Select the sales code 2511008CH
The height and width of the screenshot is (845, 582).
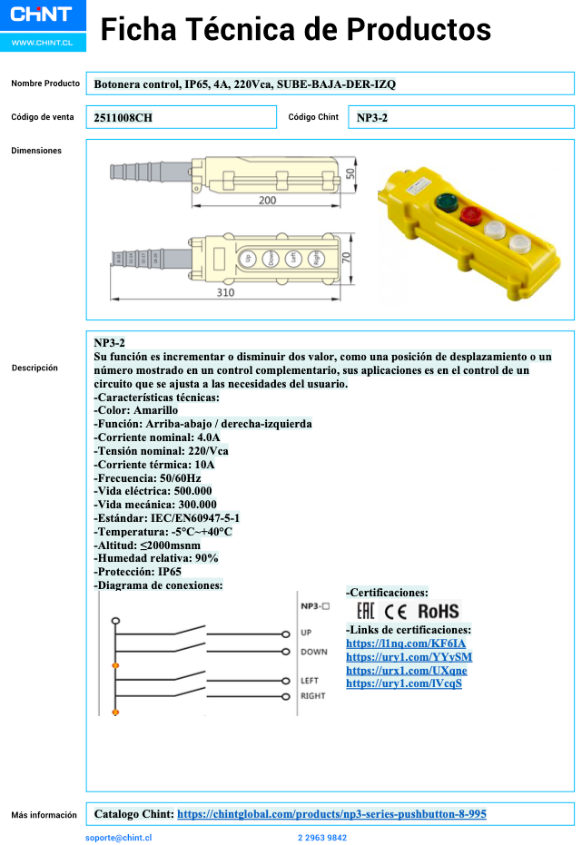tap(123, 118)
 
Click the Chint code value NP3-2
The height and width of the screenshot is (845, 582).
tap(372, 118)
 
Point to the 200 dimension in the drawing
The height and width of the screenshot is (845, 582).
tap(267, 200)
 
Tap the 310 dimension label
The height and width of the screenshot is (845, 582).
tap(225, 292)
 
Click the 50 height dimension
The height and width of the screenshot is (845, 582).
tap(350, 173)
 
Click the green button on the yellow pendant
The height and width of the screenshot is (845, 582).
tap(446, 201)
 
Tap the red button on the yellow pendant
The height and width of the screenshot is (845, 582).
tap(471, 216)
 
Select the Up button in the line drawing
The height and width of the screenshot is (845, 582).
tap(246, 258)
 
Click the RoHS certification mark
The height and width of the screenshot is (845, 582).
tap(438, 611)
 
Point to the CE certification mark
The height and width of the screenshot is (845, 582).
tap(396, 611)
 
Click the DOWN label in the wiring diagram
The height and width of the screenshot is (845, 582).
tap(313, 652)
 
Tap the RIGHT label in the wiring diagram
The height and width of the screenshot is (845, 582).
tap(313, 696)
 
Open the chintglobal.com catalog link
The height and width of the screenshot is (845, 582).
tap(331, 814)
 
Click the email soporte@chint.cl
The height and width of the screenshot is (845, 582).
tap(118, 838)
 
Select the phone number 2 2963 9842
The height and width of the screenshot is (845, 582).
tap(321, 838)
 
